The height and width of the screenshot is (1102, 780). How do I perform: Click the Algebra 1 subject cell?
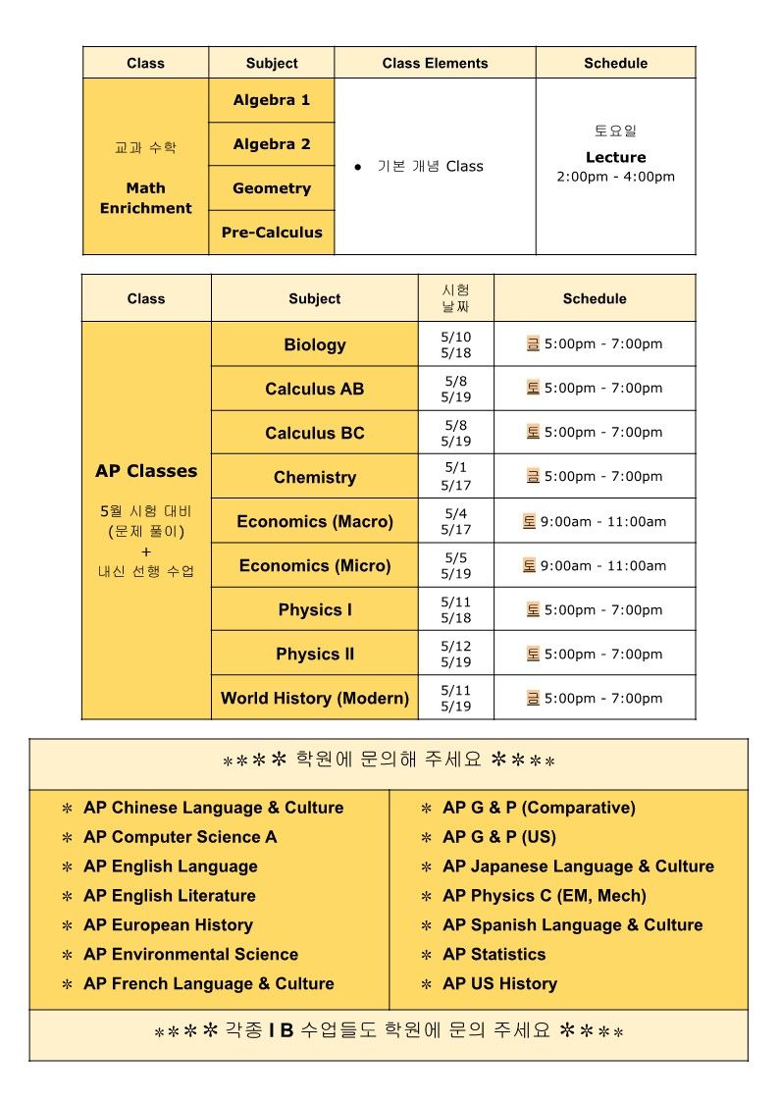point(272,100)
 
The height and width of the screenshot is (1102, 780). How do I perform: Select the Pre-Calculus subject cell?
point(272,233)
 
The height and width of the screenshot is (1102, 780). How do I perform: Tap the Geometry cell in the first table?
point(272,188)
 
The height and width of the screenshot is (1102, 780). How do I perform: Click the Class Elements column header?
point(435,63)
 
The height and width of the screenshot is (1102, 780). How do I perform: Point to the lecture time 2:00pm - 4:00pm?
point(615,177)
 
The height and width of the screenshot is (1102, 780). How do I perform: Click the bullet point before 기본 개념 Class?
point(358,167)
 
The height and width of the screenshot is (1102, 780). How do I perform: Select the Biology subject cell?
point(315,344)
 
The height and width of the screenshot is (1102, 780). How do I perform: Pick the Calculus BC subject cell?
point(315,433)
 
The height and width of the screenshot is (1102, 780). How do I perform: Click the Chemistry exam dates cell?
point(456,477)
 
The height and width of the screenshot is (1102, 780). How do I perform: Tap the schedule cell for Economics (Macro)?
point(595,521)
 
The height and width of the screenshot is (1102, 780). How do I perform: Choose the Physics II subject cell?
point(315,654)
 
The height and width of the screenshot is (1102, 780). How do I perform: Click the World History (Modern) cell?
point(315,698)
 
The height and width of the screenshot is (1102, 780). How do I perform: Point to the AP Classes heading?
point(146,471)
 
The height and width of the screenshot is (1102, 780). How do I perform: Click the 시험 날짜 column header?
point(456,298)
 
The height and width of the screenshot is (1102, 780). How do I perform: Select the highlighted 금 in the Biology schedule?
point(533,343)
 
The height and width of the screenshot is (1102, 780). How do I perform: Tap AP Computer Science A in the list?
point(181,837)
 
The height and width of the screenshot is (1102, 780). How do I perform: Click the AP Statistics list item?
point(494,954)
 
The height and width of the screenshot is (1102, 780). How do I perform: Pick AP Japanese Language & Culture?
point(578,866)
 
